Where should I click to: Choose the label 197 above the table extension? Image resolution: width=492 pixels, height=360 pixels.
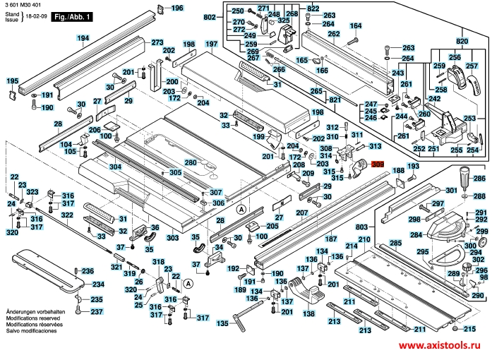[210, 44]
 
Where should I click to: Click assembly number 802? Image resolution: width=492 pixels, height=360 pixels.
[210, 16]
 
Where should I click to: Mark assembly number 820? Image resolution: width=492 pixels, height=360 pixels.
[461, 41]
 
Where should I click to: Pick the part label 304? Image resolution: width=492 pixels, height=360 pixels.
[116, 167]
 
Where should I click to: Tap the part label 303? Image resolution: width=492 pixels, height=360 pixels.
[173, 239]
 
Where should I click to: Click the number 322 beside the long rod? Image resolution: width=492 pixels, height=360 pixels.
[66, 215]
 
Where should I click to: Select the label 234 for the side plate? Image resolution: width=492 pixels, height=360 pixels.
[98, 284]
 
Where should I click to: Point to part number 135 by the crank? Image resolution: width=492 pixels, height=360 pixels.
[223, 323]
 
